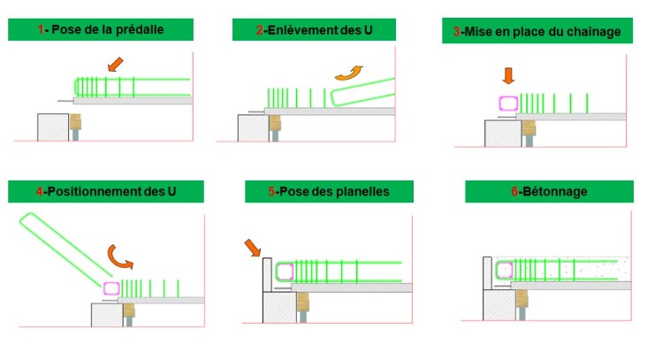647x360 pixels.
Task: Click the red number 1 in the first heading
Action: pos(41,29)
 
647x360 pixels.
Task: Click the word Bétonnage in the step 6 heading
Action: pos(555,192)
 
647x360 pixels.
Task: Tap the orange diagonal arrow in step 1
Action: pos(115,65)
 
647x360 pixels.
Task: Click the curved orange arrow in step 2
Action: pos(349,73)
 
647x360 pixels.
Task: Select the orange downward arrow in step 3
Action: pos(508,76)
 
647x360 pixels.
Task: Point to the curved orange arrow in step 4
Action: pos(118,257)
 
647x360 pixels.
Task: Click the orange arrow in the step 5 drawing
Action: pos(253,248)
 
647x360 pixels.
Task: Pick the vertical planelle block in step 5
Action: pos(268,274)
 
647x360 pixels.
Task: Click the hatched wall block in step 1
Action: pos(53,127)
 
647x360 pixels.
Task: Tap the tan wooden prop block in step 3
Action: pos(529,127)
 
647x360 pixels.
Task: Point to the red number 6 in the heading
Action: pos(514,192)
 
